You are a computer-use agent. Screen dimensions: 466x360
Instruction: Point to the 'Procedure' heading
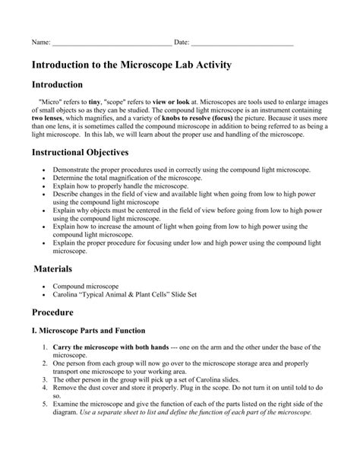[57, 312]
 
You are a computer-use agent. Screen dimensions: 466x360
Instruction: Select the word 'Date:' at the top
[182, 42]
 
